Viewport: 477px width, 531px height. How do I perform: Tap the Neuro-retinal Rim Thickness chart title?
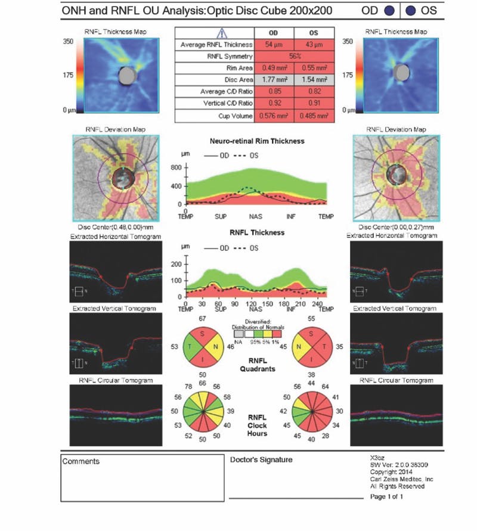(258, 141)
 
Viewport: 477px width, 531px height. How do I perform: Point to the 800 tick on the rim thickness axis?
(176, 169)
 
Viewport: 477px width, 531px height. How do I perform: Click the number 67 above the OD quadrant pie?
(203, 321)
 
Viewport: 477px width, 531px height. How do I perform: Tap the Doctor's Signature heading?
(261, 459)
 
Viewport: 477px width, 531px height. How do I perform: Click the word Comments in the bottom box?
(81, 461)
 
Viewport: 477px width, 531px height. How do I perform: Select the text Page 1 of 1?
(387, 496)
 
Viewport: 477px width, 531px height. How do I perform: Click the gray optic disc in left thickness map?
(126, 75)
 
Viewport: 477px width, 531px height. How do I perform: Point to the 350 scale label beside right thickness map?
(351, 42)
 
